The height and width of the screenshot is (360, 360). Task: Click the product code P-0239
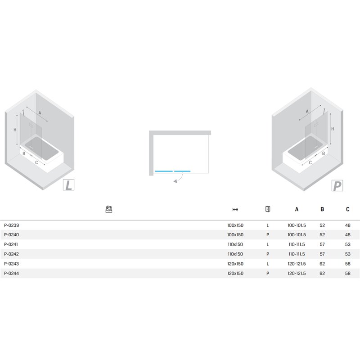pos(12,225)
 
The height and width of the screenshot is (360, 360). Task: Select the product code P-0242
pos(12,254)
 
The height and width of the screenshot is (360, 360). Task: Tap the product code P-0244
pos(12,273)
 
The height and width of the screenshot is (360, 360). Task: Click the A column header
pos(297,209)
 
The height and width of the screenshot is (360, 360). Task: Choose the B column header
pos(322,209)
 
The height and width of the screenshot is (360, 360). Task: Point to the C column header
pos(347,209)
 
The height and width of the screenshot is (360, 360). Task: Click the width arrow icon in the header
pos(235,209)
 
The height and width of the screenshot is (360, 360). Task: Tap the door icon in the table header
pos(268,209)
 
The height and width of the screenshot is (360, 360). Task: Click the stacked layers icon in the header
pos(109,209)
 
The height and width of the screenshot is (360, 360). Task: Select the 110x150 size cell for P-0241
pos(235,244)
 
